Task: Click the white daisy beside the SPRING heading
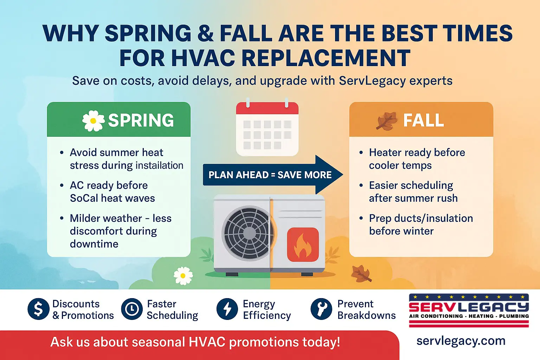[x=93, y=121]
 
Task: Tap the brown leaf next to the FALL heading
[x=386, y=121]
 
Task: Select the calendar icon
[x=267, y=129]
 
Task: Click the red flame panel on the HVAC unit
[x=303, y=244]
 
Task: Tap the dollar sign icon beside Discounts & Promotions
[x=38, y=309]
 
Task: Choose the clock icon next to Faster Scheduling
[x=132, y=309]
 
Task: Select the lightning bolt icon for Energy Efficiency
[x=227, y=309]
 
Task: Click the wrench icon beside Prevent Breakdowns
[x=321, y=309]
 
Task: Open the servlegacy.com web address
[x=461, y=341]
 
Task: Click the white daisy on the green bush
[x=183, y=276]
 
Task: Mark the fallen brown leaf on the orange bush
[x=361, y=273]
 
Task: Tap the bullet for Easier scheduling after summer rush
[x=361, y=185]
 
